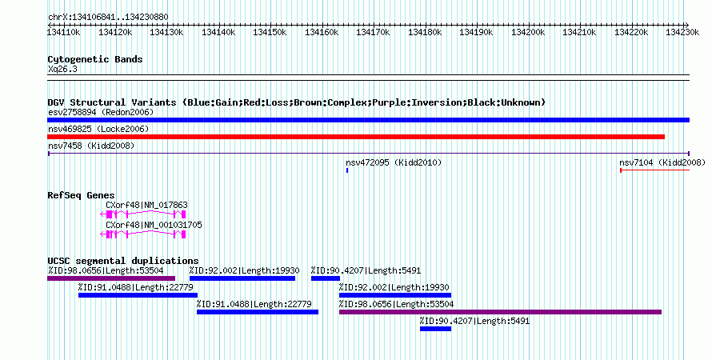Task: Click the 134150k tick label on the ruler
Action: point(270,32)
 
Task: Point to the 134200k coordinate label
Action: point(528,32)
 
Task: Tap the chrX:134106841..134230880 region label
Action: point(108,18)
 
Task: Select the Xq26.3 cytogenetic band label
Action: point(62,69)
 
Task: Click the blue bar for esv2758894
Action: point(368,120)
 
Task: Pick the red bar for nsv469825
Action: point(356,137)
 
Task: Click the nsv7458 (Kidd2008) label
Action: point(91,146)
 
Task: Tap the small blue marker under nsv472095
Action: point(347,170)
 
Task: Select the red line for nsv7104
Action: point(654,170)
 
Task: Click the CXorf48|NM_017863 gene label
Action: point(146,205)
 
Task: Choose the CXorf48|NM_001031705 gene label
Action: point(154,225)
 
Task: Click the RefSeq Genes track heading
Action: point(82,195)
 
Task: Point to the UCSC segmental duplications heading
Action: point(123,261)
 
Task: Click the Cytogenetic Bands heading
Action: point(95,59)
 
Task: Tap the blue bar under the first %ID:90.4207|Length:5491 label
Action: point(326,278)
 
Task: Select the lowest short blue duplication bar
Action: point(435,329)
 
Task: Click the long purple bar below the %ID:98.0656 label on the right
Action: point(500,312)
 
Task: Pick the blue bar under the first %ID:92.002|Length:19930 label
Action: point(242,278)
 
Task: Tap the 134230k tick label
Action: point(682,32)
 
